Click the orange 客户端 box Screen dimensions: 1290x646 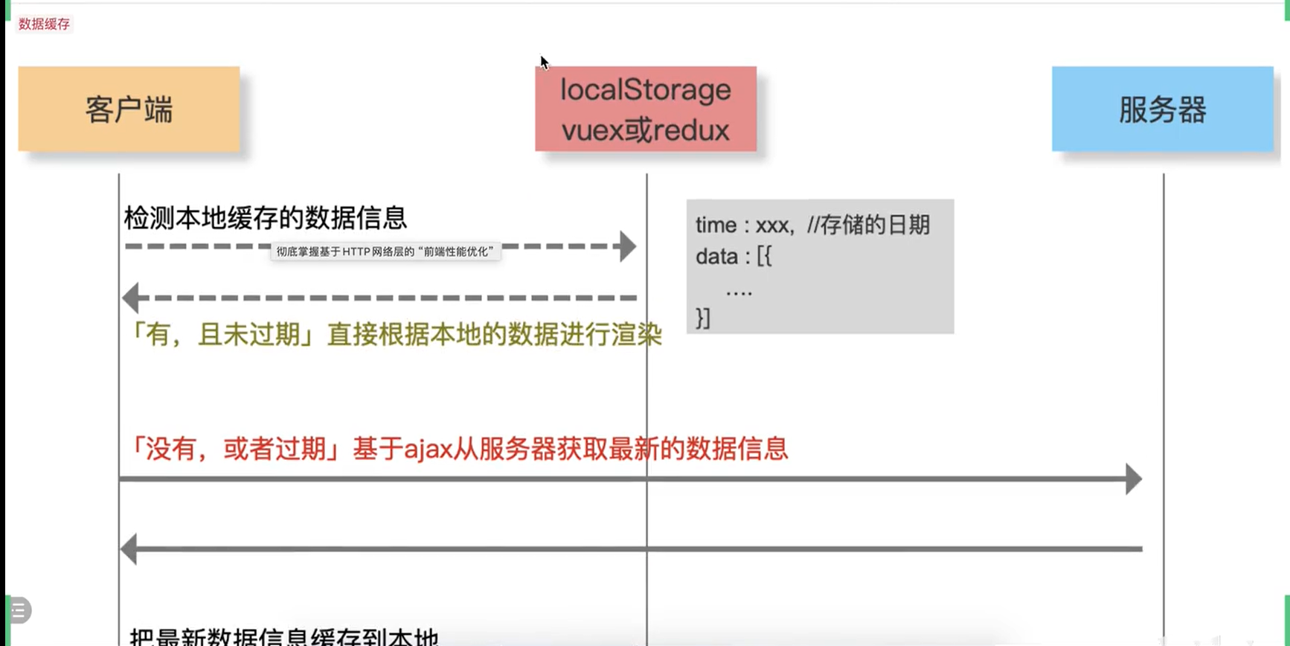click(x=129, y=109)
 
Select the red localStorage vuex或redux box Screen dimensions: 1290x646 click(x=645, y=109)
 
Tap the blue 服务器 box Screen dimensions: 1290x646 click(x=1162, y=109)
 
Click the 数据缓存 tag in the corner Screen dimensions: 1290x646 click(x=44, y=24)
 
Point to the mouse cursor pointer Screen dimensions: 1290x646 click(x=544, y=63)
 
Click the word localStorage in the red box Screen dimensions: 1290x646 click(x=645, y=90)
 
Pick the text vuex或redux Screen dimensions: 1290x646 click(x=645, y=130)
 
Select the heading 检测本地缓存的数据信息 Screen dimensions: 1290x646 click(x=265, y=218)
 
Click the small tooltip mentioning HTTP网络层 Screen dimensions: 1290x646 click(x=385, y=252)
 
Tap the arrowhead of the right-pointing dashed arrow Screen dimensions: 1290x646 click(x=628, y=246)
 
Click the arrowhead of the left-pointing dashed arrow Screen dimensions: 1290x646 click(x=131, y=298)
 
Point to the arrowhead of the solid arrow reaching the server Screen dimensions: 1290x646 click(x=1133, y=479)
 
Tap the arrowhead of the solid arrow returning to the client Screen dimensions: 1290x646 click(x=129, y=549)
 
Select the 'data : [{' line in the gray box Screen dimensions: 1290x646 click(x=734, y=257)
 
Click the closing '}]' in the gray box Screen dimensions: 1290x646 click(x=703, y=318)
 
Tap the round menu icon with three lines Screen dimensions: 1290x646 click(x=19, y=610)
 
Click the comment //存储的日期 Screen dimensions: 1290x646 click(x=868, y=225)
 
